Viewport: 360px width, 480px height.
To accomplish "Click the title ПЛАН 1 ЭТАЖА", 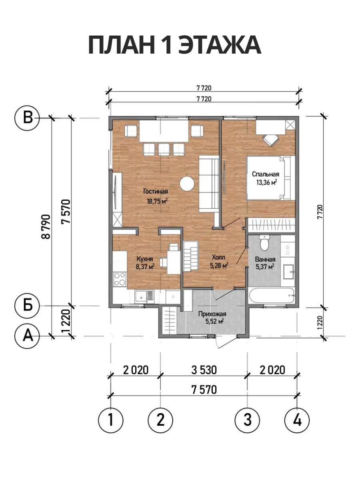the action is click(175, 46).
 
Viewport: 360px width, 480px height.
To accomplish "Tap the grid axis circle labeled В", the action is click(27, 118).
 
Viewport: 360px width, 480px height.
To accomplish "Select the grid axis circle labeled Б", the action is click(27, 306).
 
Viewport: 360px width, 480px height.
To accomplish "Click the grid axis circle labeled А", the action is click(27, 336).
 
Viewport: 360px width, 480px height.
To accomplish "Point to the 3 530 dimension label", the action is click(204, 370).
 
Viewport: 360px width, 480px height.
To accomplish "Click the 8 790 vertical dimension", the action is click(46, 226).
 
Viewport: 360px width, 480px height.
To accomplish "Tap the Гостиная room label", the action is click(156, 192).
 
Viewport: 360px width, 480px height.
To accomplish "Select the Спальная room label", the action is click(266, 174).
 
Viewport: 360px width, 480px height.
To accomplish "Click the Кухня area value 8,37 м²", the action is click(145, 266).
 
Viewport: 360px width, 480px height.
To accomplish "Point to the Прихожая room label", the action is click(212, 314).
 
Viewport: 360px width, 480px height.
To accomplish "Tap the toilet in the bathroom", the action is click(265, 243).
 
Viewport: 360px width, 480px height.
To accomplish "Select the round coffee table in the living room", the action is click(187, 184).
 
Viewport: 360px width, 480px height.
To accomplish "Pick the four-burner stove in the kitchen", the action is click(120, 279).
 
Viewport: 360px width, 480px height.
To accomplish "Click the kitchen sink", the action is click(144, 296).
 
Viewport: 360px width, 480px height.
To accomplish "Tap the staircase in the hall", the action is click(191, 256).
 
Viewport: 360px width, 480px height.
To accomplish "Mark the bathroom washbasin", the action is click(289, 272).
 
